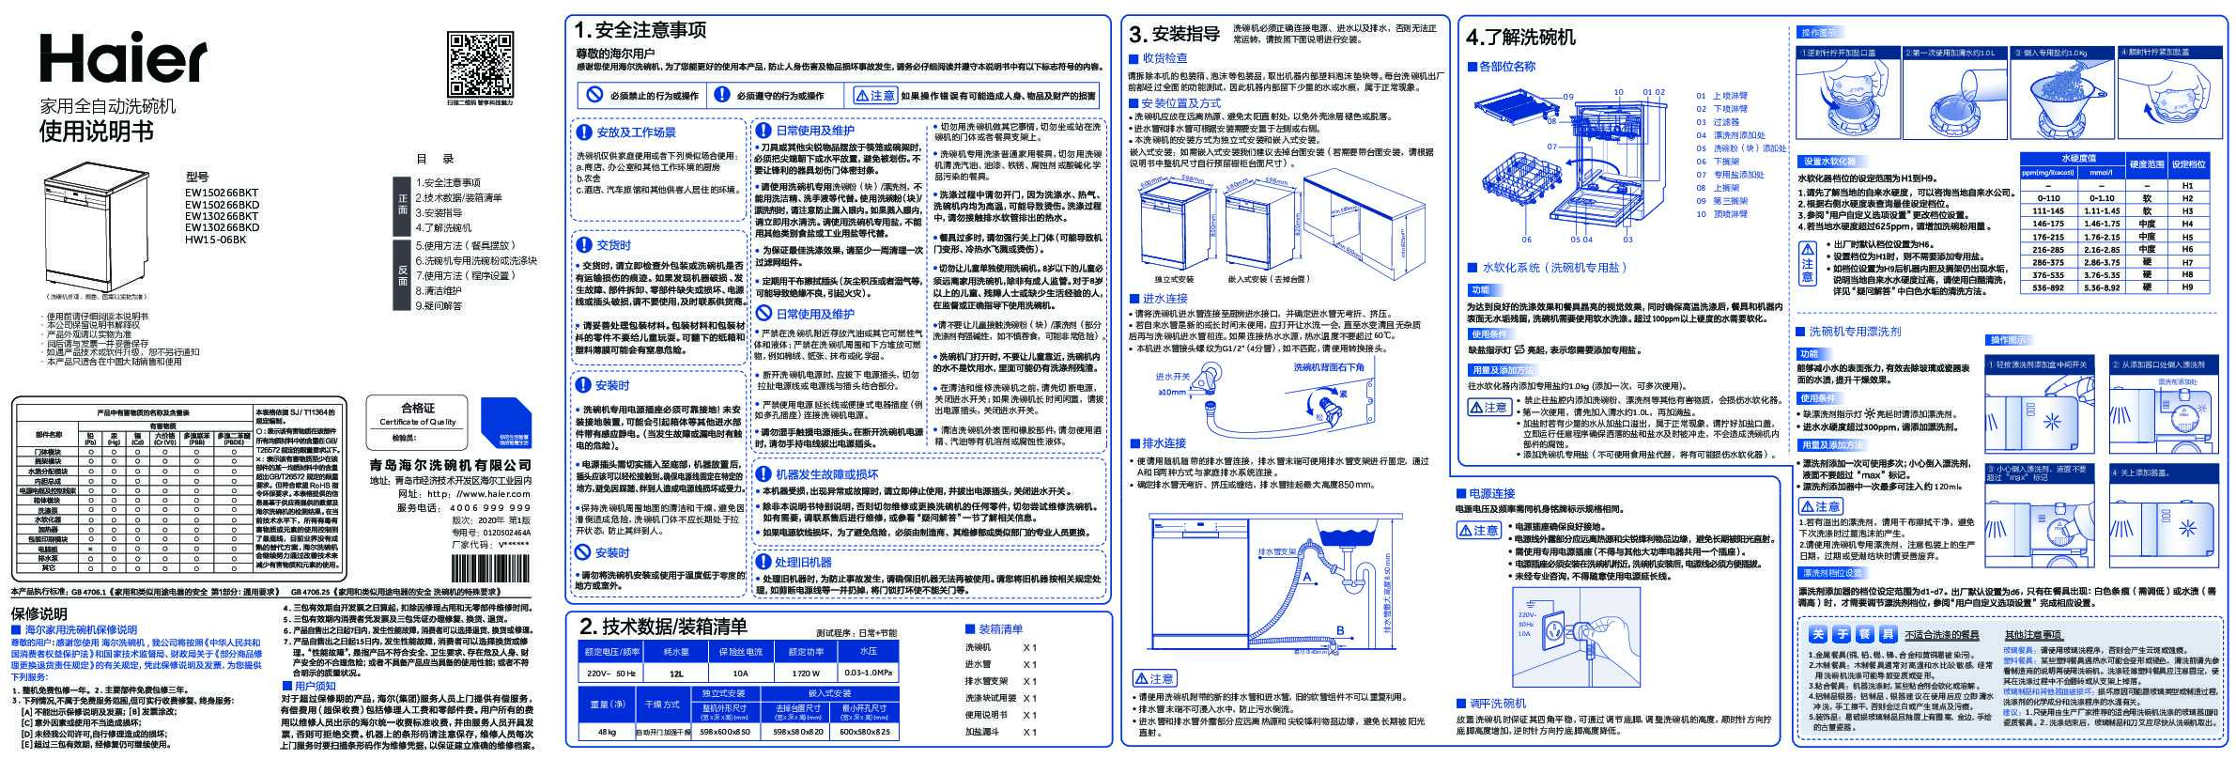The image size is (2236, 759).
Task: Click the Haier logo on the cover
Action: pyautogui.click(x=122, y=58)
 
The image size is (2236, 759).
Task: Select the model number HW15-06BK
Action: pyautogui.click(x=215, y=240)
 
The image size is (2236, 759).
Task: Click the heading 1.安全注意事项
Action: pyautogui.click(x=640, y=30)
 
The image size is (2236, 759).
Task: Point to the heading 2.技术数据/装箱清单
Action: pyautogui.click(x=663, y=627)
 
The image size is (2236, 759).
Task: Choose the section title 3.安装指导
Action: pyautogui.click(x=1174, y=35)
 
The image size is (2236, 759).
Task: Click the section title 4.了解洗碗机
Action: pyautogui.click(x=1520, y=38)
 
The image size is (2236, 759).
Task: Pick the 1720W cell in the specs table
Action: pyautogui.click(x=805, y=674)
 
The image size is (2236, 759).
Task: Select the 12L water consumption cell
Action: pyautogui.click(x=676, y=674)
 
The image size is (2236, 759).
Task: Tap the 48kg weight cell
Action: pyautogui.click(x=607, y=732)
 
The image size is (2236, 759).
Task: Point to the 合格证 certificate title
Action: pyautogui.click(x=418, y=408)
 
